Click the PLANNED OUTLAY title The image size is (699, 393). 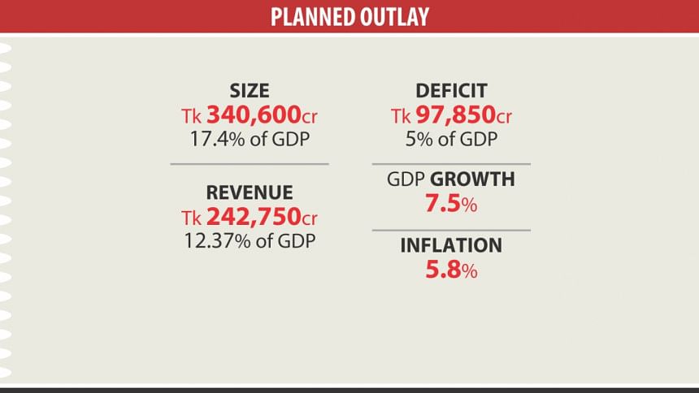click(x=349, y=16)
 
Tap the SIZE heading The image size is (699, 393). click(x=250, y=91)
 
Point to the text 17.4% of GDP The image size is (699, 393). click(x=250, y=138)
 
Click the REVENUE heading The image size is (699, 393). click(x=250, y=192)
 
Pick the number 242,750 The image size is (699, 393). click(x=251, y=217)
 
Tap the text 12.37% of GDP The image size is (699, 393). click(x=250, y=240)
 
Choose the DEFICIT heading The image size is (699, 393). click(x=451, y=91)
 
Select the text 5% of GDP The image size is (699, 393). click(x=451, y=138)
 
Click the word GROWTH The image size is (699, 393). click(x=472, y=179)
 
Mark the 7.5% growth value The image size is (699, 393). click(x=451, y=204)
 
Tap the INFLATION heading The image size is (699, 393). click(x=451, y=245)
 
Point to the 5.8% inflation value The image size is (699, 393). click(x=451, y=270)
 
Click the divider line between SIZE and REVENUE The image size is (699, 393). click(x=250, y=164)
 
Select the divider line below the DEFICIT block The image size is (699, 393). click(x=451, y=163)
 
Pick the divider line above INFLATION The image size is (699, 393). click(x=451, y=230)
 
